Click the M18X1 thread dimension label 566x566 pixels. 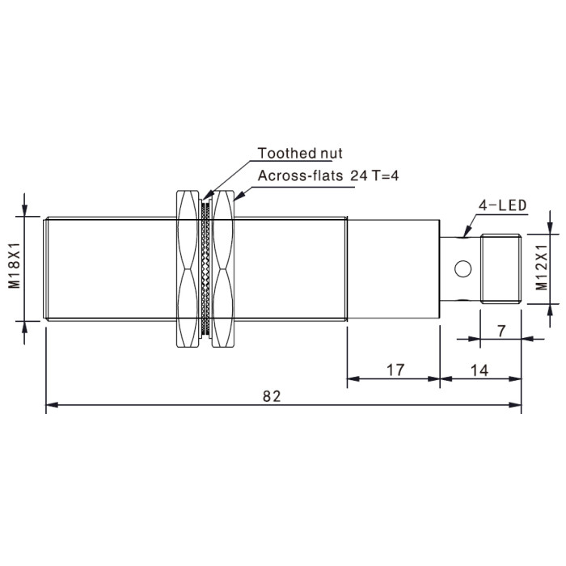(x=15, y=265)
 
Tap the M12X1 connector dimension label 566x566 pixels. (x=542, y=268)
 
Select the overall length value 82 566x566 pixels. (x=272, y=396)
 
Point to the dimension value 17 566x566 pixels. (x=395, y=370)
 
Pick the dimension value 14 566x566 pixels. (x=479, y=370)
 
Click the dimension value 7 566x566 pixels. (x=501, y=331)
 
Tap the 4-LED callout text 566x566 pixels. (x=502, y=205)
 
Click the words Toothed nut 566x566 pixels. (x=300, y=153)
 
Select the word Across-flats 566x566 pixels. (x=300, y=175)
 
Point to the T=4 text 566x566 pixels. (x=385, y=175)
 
